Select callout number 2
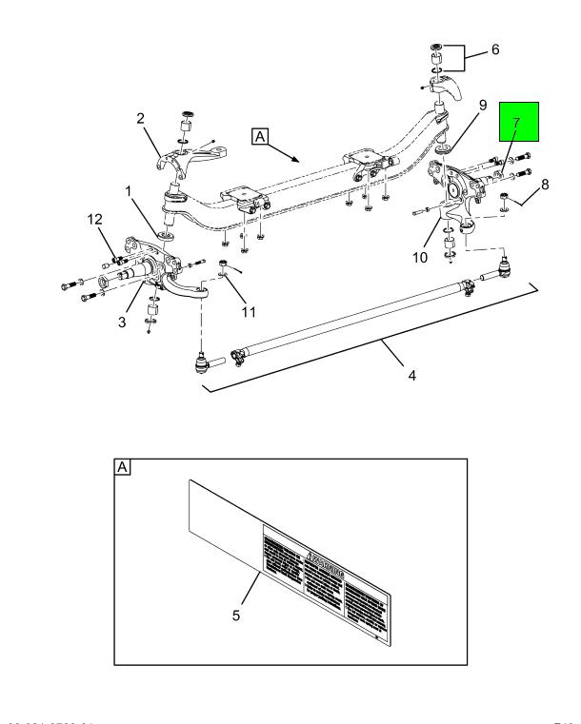click(140, 119)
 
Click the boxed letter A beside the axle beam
click(260, 138)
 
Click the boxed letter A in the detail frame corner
click(123, 467)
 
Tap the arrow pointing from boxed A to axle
click(291, 153)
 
